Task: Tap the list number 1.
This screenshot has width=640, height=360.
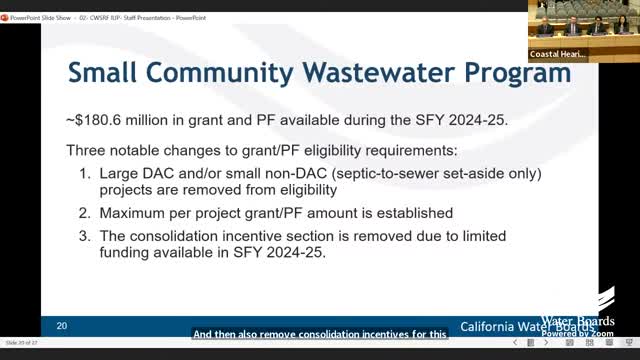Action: pyautogui.click(x=83, y=173)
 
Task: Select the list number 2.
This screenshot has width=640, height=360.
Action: pyautogui.click(x=83, y=213)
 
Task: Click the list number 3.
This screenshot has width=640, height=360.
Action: pyautogui.click(x=83, y=236)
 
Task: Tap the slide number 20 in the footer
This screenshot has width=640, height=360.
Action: pyautogui.click(x=62, y=326)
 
